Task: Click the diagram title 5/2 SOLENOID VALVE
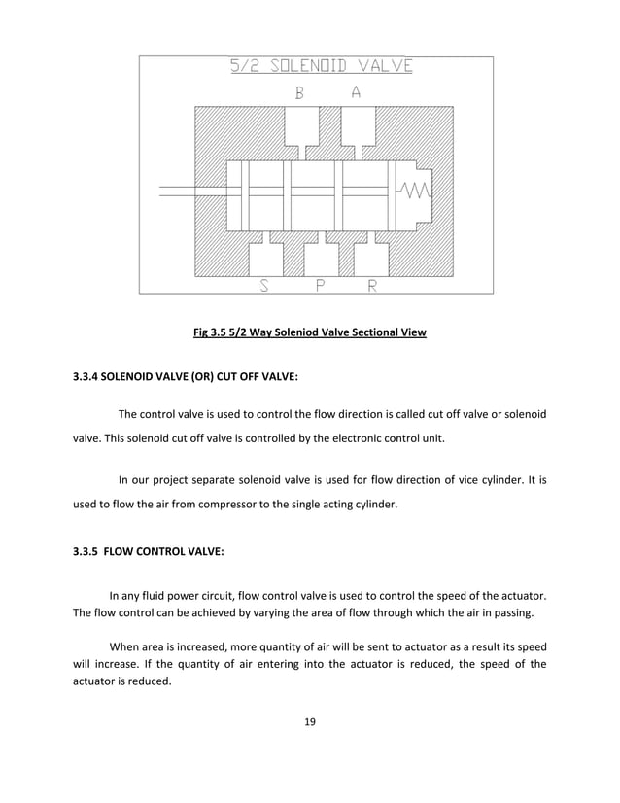[321, 67]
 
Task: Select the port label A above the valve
[357, 93]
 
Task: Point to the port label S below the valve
[264, 285]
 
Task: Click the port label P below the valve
[320, 285]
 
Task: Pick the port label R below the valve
[372, 285]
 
